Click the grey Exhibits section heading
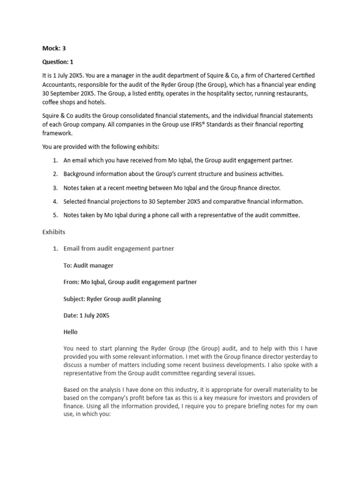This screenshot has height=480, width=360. (54, 232)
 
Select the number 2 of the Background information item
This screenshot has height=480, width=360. (55, 174)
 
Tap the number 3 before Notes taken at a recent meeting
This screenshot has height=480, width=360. (55, 187)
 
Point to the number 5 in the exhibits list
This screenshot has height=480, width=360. (55, 215)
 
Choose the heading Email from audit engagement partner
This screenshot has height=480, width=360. (119, 248)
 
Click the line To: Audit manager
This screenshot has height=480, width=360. (88, 265)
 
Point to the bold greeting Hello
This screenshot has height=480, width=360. (71, 332)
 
